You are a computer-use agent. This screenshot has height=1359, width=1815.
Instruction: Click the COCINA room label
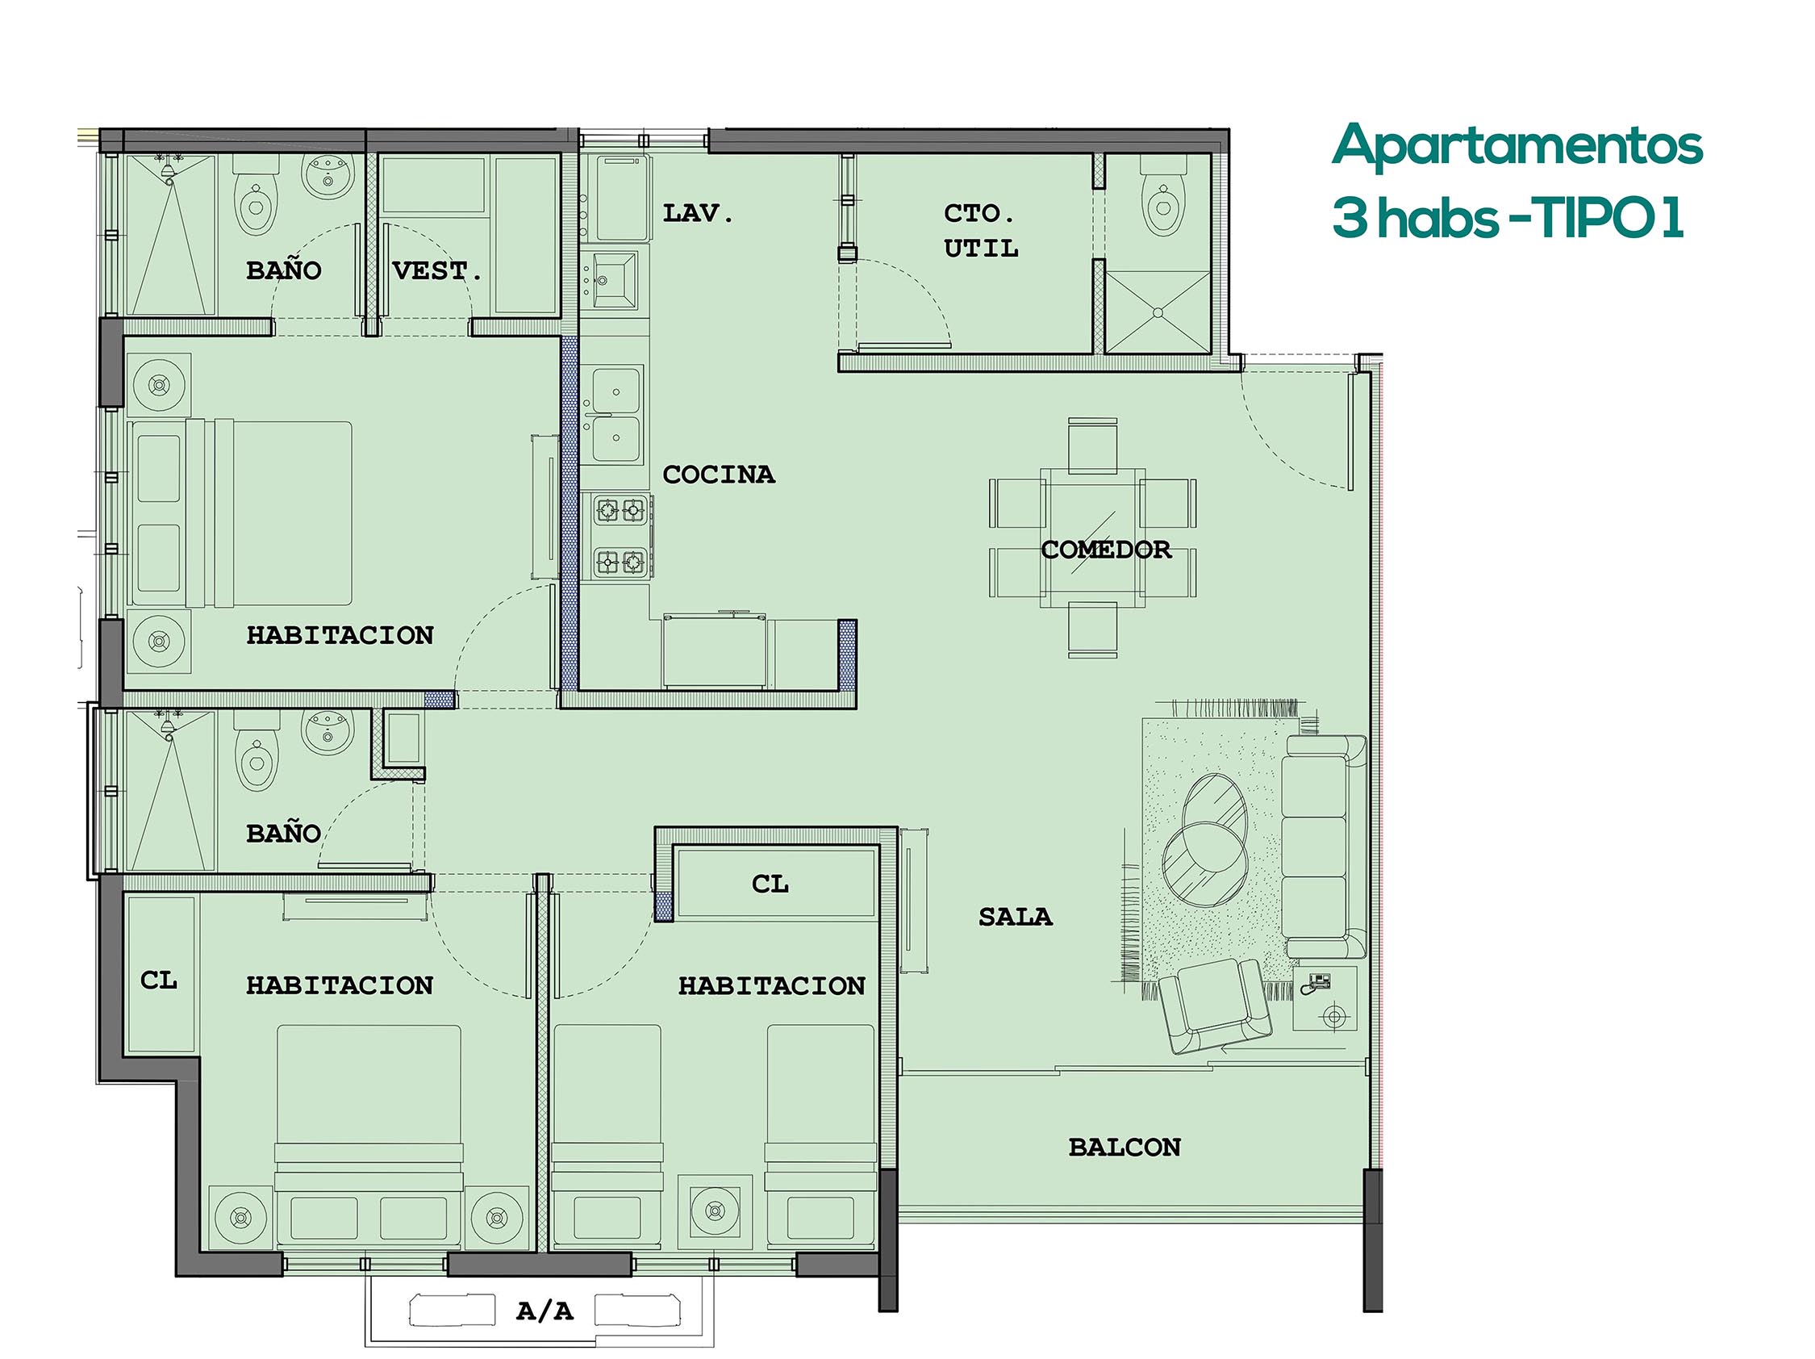point(718,475)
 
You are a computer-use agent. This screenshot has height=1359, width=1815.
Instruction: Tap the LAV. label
point(698,213)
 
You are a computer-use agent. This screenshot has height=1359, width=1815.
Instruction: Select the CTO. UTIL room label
point(981,231)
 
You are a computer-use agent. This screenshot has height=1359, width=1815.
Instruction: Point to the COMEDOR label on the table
point(1105,549)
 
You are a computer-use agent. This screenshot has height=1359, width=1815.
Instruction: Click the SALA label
point(1015,916)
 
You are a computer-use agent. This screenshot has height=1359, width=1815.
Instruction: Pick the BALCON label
point(1124,1147)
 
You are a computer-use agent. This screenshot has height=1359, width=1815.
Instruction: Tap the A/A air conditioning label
point(544,1311)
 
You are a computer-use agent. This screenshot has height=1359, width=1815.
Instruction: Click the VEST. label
point(436,270)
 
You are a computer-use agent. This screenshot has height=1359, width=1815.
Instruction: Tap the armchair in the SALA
point(1214,1006)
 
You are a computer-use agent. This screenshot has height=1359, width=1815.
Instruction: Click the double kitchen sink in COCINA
point(616,416)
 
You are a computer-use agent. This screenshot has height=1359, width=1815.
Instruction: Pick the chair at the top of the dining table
point(1093,445)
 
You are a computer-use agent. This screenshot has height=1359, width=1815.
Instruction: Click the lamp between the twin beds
point(715,1211)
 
